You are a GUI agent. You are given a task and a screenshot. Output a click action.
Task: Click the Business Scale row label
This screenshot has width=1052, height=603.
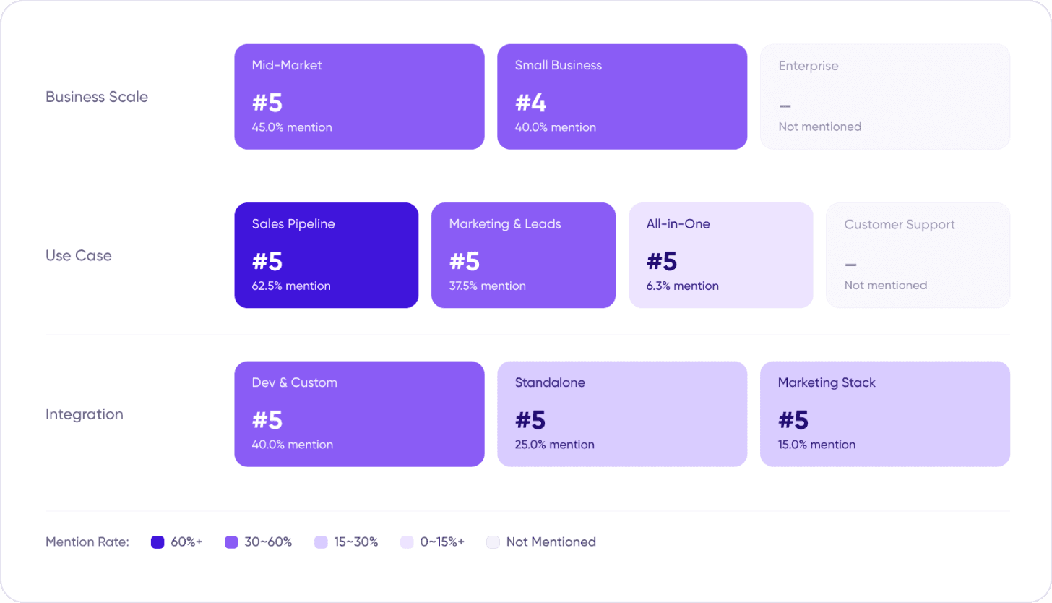(97, 97)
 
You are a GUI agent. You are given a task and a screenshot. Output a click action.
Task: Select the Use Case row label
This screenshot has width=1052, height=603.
(79, 255)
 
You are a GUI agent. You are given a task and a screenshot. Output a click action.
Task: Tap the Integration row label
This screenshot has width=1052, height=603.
(85, 414)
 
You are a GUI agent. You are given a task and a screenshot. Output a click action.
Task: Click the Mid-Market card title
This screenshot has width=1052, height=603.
(286, 65)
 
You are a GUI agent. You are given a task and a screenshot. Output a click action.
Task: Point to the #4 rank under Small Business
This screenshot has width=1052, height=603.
(530, 103)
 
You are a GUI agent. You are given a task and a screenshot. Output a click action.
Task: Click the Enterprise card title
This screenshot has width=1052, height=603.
(809, 66)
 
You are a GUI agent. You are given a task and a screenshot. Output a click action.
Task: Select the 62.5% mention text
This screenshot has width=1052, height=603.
(291, 286)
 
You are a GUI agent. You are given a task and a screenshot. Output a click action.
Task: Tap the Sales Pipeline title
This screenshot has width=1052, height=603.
(293, 223)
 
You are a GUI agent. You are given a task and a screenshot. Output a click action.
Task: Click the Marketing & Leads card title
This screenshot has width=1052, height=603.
(505, 223)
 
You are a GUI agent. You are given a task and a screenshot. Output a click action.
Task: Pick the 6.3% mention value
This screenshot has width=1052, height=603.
(682, 286)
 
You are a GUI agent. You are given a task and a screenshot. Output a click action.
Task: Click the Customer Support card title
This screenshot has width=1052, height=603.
(900, 225)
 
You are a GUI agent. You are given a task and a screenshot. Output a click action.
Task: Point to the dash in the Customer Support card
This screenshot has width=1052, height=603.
(850, 265)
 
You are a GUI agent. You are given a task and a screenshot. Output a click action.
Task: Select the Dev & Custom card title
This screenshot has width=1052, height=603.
(295, 382)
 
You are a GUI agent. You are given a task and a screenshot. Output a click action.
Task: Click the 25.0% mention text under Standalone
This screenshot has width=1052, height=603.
(555, 445)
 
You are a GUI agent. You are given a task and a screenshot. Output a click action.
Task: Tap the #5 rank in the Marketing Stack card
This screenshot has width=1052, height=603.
(793, 420)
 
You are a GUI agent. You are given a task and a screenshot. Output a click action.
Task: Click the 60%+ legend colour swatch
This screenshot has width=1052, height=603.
(158, 542)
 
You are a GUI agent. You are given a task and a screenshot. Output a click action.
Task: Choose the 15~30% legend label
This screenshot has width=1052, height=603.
(356, 542)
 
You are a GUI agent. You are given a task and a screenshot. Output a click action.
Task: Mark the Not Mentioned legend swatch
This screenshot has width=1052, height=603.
(493, 542)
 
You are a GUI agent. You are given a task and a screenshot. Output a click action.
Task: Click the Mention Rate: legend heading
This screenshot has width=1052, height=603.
(87, 542)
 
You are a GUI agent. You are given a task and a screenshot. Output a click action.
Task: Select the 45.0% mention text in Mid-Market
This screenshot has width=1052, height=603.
(292, 127)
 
